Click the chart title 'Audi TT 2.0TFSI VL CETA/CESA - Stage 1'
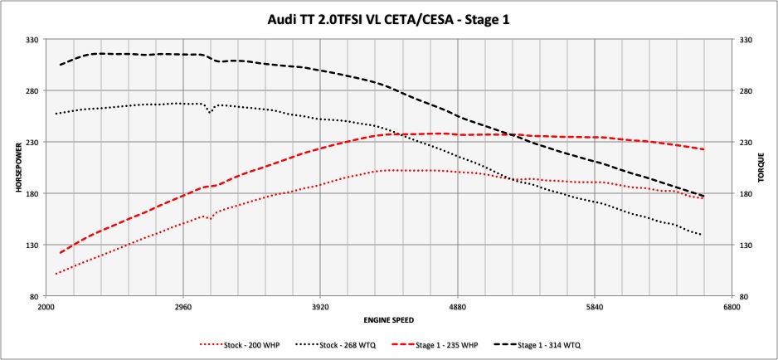[x=389, y=17]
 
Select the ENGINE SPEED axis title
[x=388, y=319]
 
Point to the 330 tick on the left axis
[x=35, y=39]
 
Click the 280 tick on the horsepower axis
[x=35, y=90]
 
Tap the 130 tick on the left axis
[x=35, y=246]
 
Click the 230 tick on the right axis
[x=743, y=142]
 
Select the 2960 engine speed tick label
[x=183, y=306]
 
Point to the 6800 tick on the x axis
[x=732, y=306]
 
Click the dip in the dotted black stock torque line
[x=210, y=110]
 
